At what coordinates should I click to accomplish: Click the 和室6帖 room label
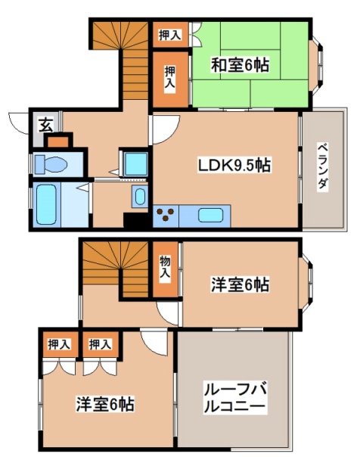(x=240, y=64)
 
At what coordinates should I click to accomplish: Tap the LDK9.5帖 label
(x=235, y=164)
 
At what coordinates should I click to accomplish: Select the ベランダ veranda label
(x=322, y=166)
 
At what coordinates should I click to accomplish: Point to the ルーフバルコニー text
(x=234, y=399)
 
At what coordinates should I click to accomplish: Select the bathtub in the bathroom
(x=45, y=204)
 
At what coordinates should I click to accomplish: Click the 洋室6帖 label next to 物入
(x=240, y=284)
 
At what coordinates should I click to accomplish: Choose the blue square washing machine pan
(x=135, y=163)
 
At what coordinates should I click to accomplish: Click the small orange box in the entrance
(x=57, y=141)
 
